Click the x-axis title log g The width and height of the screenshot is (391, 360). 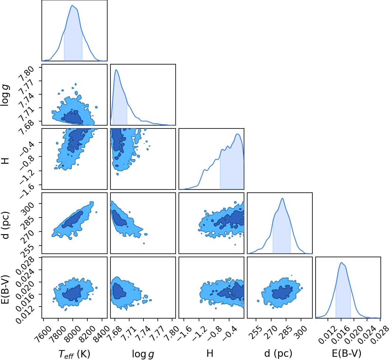coord(143,354)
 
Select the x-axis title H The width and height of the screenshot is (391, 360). coord(210,353)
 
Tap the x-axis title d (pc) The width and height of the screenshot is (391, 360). coord(278,353)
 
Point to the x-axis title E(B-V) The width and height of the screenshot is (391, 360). coord(347,353)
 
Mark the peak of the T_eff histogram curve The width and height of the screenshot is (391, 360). coord(72,5)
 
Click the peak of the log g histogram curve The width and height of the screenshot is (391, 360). coord(116,69)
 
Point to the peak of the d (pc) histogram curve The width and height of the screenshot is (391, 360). coord(282,198)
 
